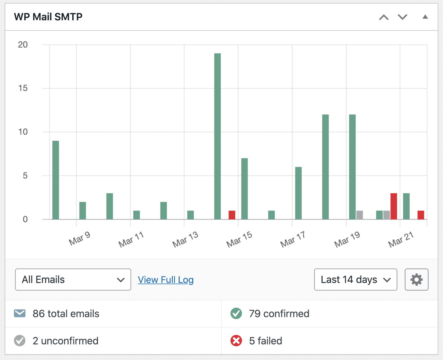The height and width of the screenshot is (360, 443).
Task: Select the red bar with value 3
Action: pos(394,206)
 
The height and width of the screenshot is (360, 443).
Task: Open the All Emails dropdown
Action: pos(73,279)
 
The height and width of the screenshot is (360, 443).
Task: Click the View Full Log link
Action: pos(166,280)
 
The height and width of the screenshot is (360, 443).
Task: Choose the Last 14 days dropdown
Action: pos(355,279)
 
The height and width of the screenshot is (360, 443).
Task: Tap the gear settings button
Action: pos(416,279)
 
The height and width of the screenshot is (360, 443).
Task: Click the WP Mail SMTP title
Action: pos(48,17)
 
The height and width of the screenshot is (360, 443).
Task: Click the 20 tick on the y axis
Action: pos(23,45)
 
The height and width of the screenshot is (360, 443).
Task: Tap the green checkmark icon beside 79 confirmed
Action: pos(236,314)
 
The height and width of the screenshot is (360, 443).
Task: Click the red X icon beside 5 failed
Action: pos(236,341)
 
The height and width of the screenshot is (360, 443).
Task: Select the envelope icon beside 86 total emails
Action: pos(19,314)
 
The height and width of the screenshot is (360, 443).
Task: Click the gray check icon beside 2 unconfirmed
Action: pos(19,341)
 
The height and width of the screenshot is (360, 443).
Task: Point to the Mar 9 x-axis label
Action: pos(79,238)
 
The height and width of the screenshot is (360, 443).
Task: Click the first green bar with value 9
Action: pos(56,180)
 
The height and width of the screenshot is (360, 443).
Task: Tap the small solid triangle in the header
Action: pos(425,17)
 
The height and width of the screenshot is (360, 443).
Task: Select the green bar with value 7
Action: pos(245,188)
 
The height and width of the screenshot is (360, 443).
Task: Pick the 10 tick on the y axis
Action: pos(23,132)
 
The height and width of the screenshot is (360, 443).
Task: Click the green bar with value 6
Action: pos(299,193)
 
